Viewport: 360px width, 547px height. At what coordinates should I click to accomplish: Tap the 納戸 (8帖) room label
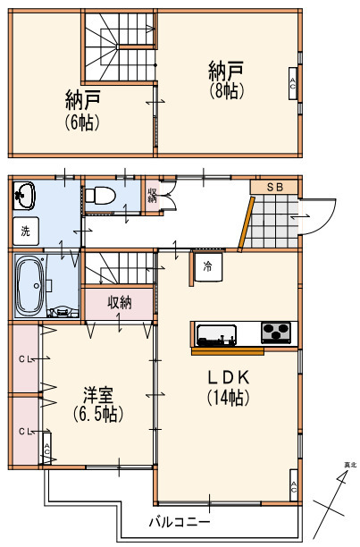[225, 79]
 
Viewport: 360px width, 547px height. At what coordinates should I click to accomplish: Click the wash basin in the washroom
[23, 196]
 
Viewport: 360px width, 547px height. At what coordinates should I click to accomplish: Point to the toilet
[101, 196]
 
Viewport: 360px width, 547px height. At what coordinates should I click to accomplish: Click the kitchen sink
[215, 337]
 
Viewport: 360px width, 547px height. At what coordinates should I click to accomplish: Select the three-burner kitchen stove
[276, 332]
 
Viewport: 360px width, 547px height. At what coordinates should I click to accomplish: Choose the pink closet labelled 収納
[119, 303]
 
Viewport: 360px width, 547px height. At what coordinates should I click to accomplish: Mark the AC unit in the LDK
[293, 486]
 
